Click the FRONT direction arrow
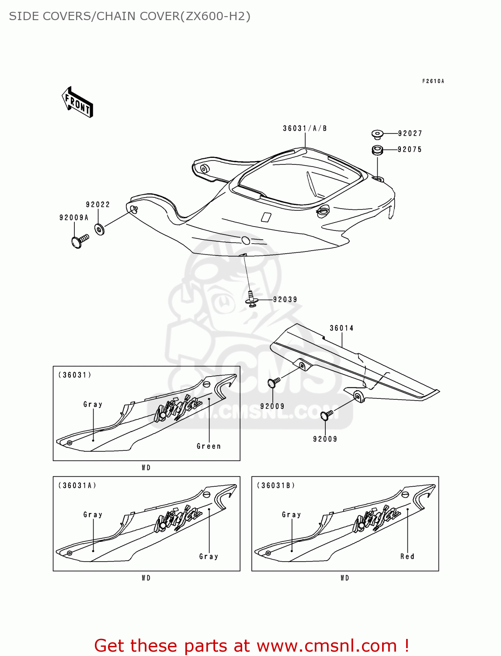click(x=77, y=102)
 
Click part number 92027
click(x=410, y=133)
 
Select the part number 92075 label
click(x=410, y=150)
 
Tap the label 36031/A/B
click(x=305, y=128)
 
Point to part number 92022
click(x=98, y=205)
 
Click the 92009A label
click(x=74, y=217)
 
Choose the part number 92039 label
click(x=285, y=300)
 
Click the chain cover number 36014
click(x=341, y=328)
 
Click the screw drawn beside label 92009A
click(x=80, y=241)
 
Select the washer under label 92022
click(x=100, y=229)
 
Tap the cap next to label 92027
click(x=377, y=134)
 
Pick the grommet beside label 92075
click(x=377, y=150)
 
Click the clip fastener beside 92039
click(x=251, y=300)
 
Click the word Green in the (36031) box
click(x=209, y=446)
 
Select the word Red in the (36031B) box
click(x=407, y=556)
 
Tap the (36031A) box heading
click(x=77, y=485)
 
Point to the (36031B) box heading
click(x=276, y=485)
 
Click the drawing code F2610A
click(x=433, y=81)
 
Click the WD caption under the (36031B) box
click(x=345, y=578)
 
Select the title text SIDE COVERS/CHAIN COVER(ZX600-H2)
click(x=130, y=16)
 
